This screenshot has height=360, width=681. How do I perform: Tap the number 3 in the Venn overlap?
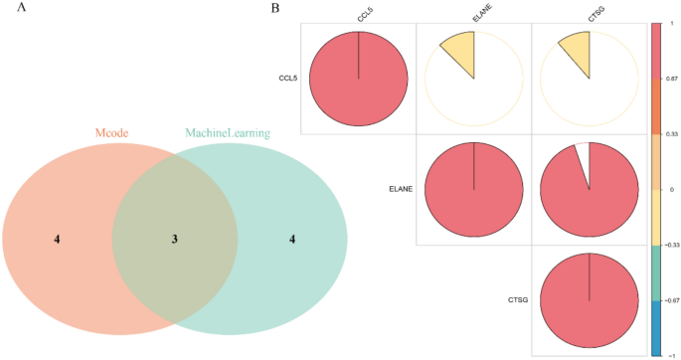pyautogui.click(x=174, y=239)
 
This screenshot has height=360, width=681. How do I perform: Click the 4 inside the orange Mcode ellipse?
pyautogui.click(x=57, y=239)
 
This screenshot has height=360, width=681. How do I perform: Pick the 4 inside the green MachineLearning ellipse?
pyautogui.click(x=291, y=239)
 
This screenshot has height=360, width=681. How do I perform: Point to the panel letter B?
pyautogui.click(x=274, y=8)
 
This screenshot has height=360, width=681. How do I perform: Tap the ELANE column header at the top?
pyautogui.click(x=477, y=13)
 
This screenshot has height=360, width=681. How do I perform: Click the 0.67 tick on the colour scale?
pyautogui.click(x=670, y=78)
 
